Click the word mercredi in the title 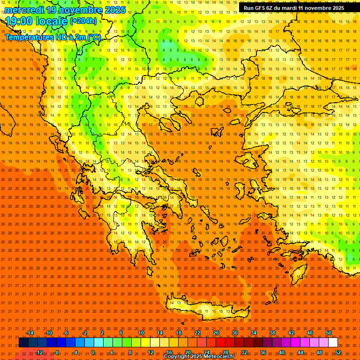pos(24,10)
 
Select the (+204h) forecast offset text pos(83,21)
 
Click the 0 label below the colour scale pos(93,352)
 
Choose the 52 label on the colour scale pos(338,352)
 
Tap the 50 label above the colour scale pos(328,333)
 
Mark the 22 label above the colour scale pos(197,333)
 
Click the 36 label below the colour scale pos(262,352)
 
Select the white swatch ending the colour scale pos(333,343)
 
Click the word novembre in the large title pos(83,10)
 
